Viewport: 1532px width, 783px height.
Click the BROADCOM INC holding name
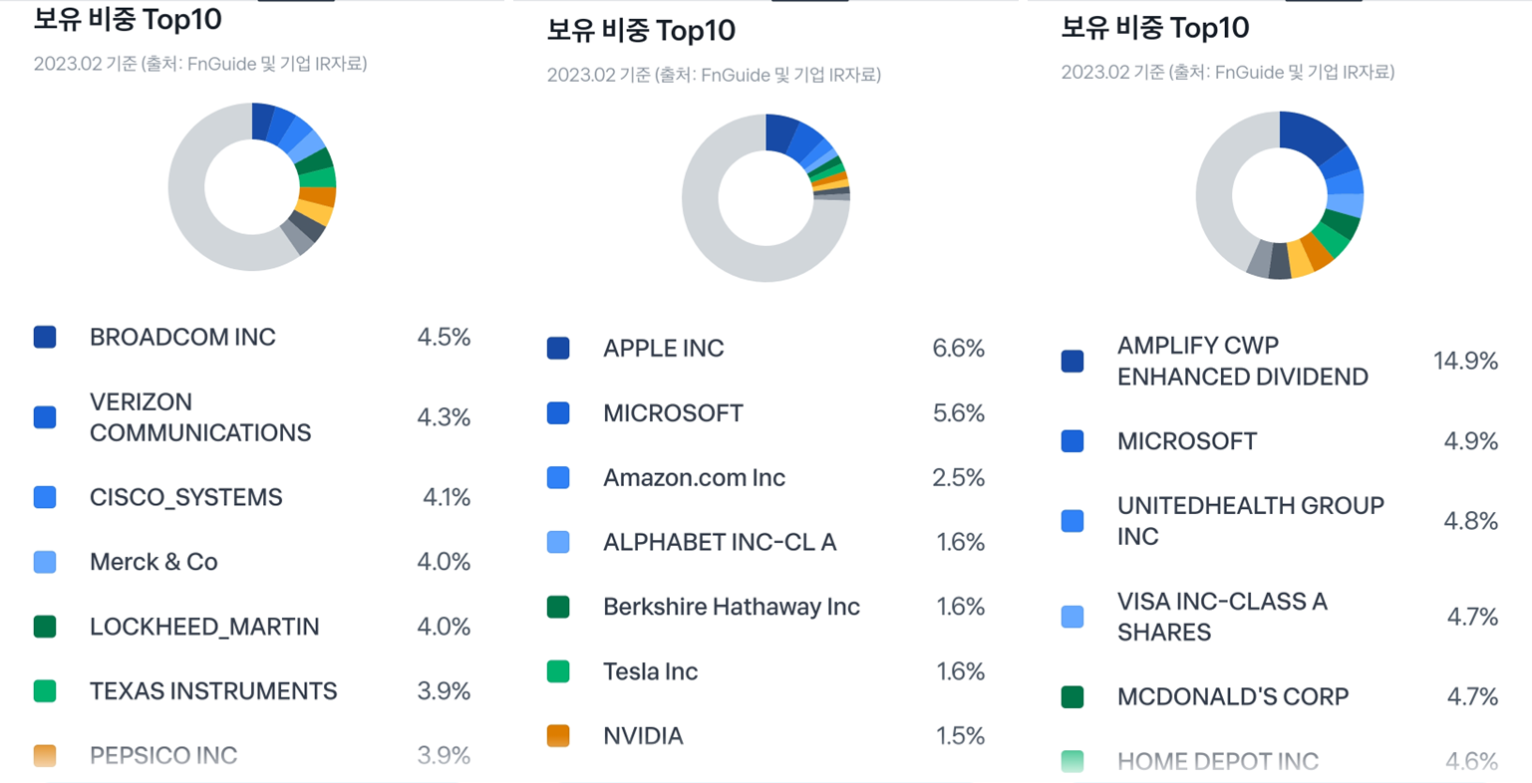click(x=182, y=338)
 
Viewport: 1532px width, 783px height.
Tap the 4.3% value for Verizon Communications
click(x=444, y=417)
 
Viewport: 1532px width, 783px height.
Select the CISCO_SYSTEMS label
click(x=186, y=498)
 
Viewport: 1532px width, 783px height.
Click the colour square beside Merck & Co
click(x=45, y=562)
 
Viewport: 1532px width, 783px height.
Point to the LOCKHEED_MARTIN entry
click(x=204, y=627)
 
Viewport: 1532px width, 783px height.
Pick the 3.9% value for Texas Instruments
click(x=444, y=691)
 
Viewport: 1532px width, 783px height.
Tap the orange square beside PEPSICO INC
click(x=45, y=755)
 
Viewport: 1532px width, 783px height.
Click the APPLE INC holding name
click(x=663, y=349)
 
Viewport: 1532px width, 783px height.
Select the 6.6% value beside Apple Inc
click(x=958, y=349)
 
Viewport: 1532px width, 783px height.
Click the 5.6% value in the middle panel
click(x=958, y=413)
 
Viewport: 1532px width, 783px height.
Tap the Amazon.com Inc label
click(x=694, y=478)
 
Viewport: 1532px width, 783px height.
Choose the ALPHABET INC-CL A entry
click(x=720, y=543)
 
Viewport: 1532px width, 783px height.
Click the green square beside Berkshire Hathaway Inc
click(x=558, y=607)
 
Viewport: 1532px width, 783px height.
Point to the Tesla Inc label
click(x=650, y=671)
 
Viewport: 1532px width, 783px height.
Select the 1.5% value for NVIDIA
click(x=960, y=736)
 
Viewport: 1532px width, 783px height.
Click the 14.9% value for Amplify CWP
click(x=1465, y=361)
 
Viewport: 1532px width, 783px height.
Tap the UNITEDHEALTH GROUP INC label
click(x=1250, y=521)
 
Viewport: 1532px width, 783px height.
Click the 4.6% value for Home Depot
click(x=1471, y=762)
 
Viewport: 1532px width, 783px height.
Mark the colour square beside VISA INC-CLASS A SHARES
click(x=1072, y=618)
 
